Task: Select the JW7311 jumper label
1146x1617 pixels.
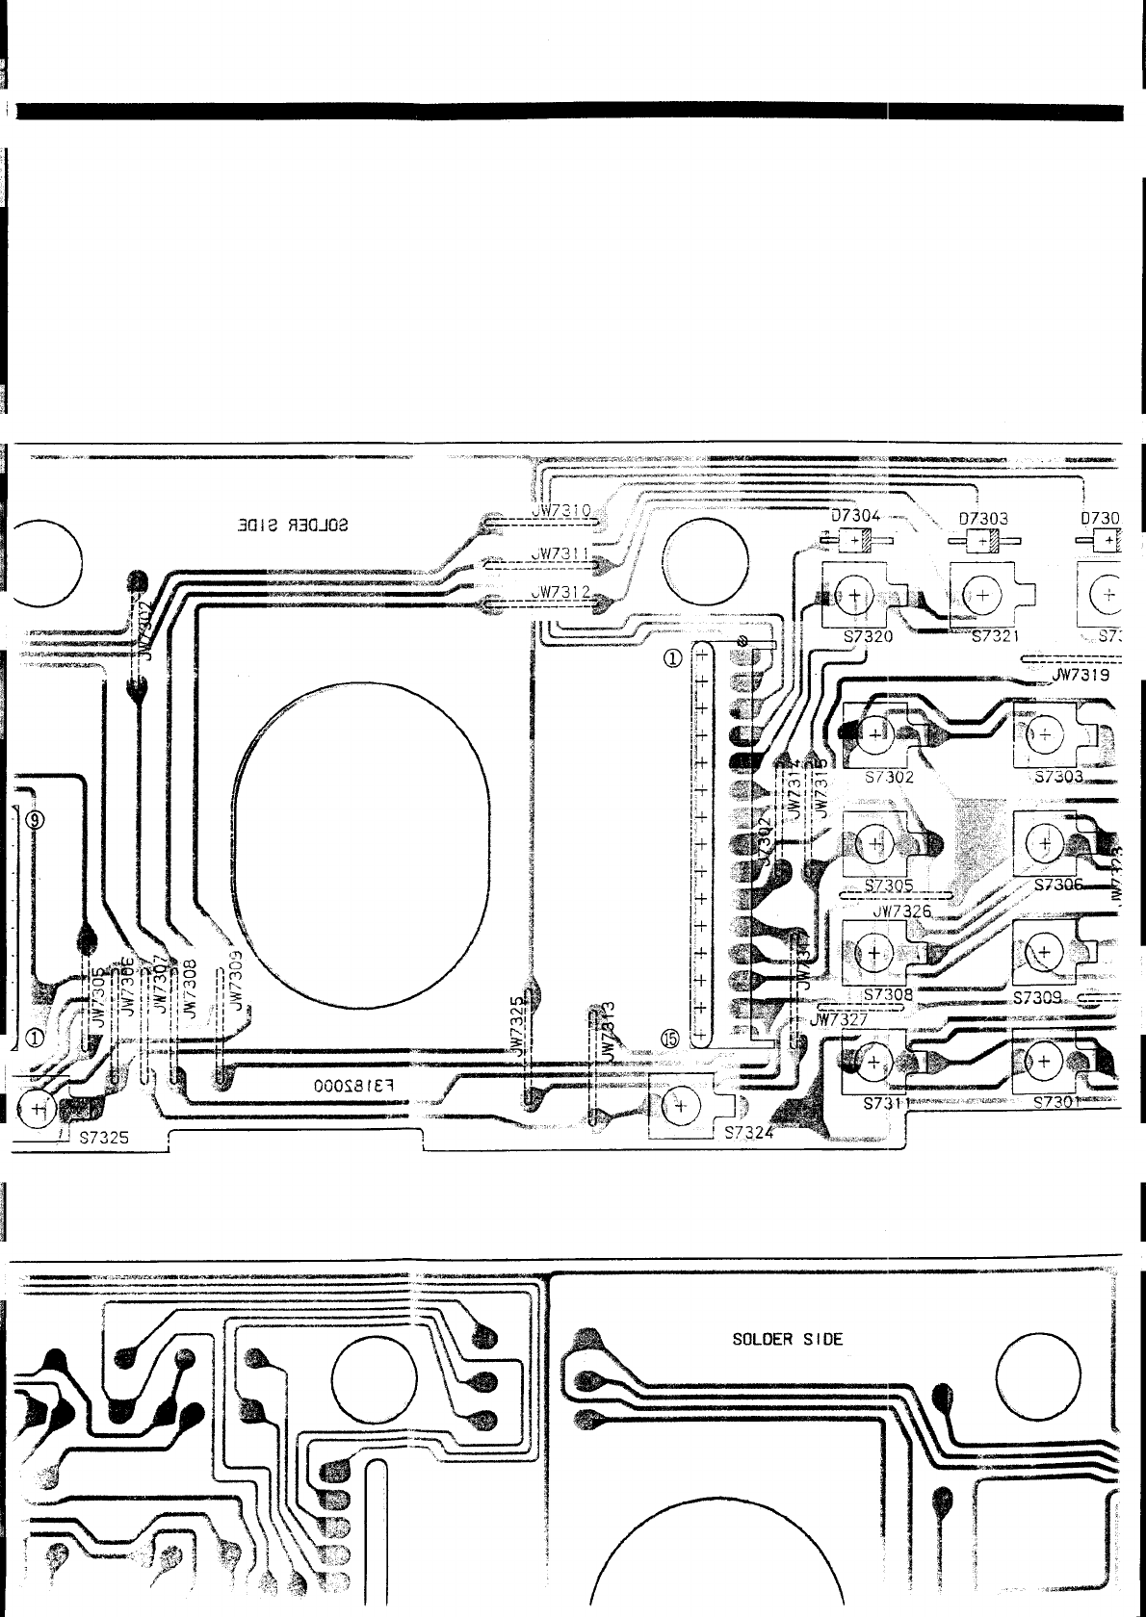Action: [564, 554]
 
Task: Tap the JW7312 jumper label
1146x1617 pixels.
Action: [564, 591]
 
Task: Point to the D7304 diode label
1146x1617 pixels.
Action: [855, 517]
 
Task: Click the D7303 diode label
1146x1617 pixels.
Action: [983, 518]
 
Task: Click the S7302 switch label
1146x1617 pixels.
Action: [890, 776]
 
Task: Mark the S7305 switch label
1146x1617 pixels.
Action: [890, 885]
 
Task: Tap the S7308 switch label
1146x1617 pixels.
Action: [889, 994]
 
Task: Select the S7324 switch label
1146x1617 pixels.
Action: [748, 1132]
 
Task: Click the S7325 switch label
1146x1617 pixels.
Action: [104, 1138]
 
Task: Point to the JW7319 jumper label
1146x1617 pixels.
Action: [1081, 675]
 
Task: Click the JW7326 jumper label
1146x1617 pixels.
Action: [900, 910]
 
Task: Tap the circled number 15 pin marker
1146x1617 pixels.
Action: [670, 1039]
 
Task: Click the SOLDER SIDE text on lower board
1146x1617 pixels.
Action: [788, 1339]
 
